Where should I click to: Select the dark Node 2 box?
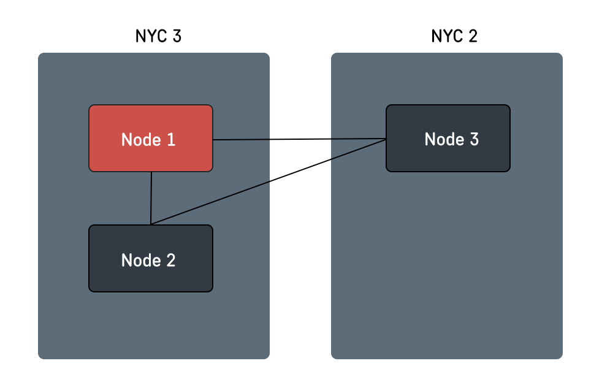(151, 258)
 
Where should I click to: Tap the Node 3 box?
(448, 138)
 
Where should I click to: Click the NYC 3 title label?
(158, 36)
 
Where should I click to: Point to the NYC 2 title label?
(454, 36)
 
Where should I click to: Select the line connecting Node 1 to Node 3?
(299, 139)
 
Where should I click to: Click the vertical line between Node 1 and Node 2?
(151, 198)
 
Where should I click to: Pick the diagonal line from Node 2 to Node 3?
(268, 182)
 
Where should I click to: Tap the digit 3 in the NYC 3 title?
(177, 36)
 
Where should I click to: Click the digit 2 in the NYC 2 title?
(473, 36)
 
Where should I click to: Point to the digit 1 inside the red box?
(171, 140)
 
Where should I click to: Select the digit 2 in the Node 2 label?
(170, 260)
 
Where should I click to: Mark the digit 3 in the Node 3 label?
(474, 139)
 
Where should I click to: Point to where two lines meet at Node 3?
(386, 139)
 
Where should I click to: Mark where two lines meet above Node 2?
(151, 224)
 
